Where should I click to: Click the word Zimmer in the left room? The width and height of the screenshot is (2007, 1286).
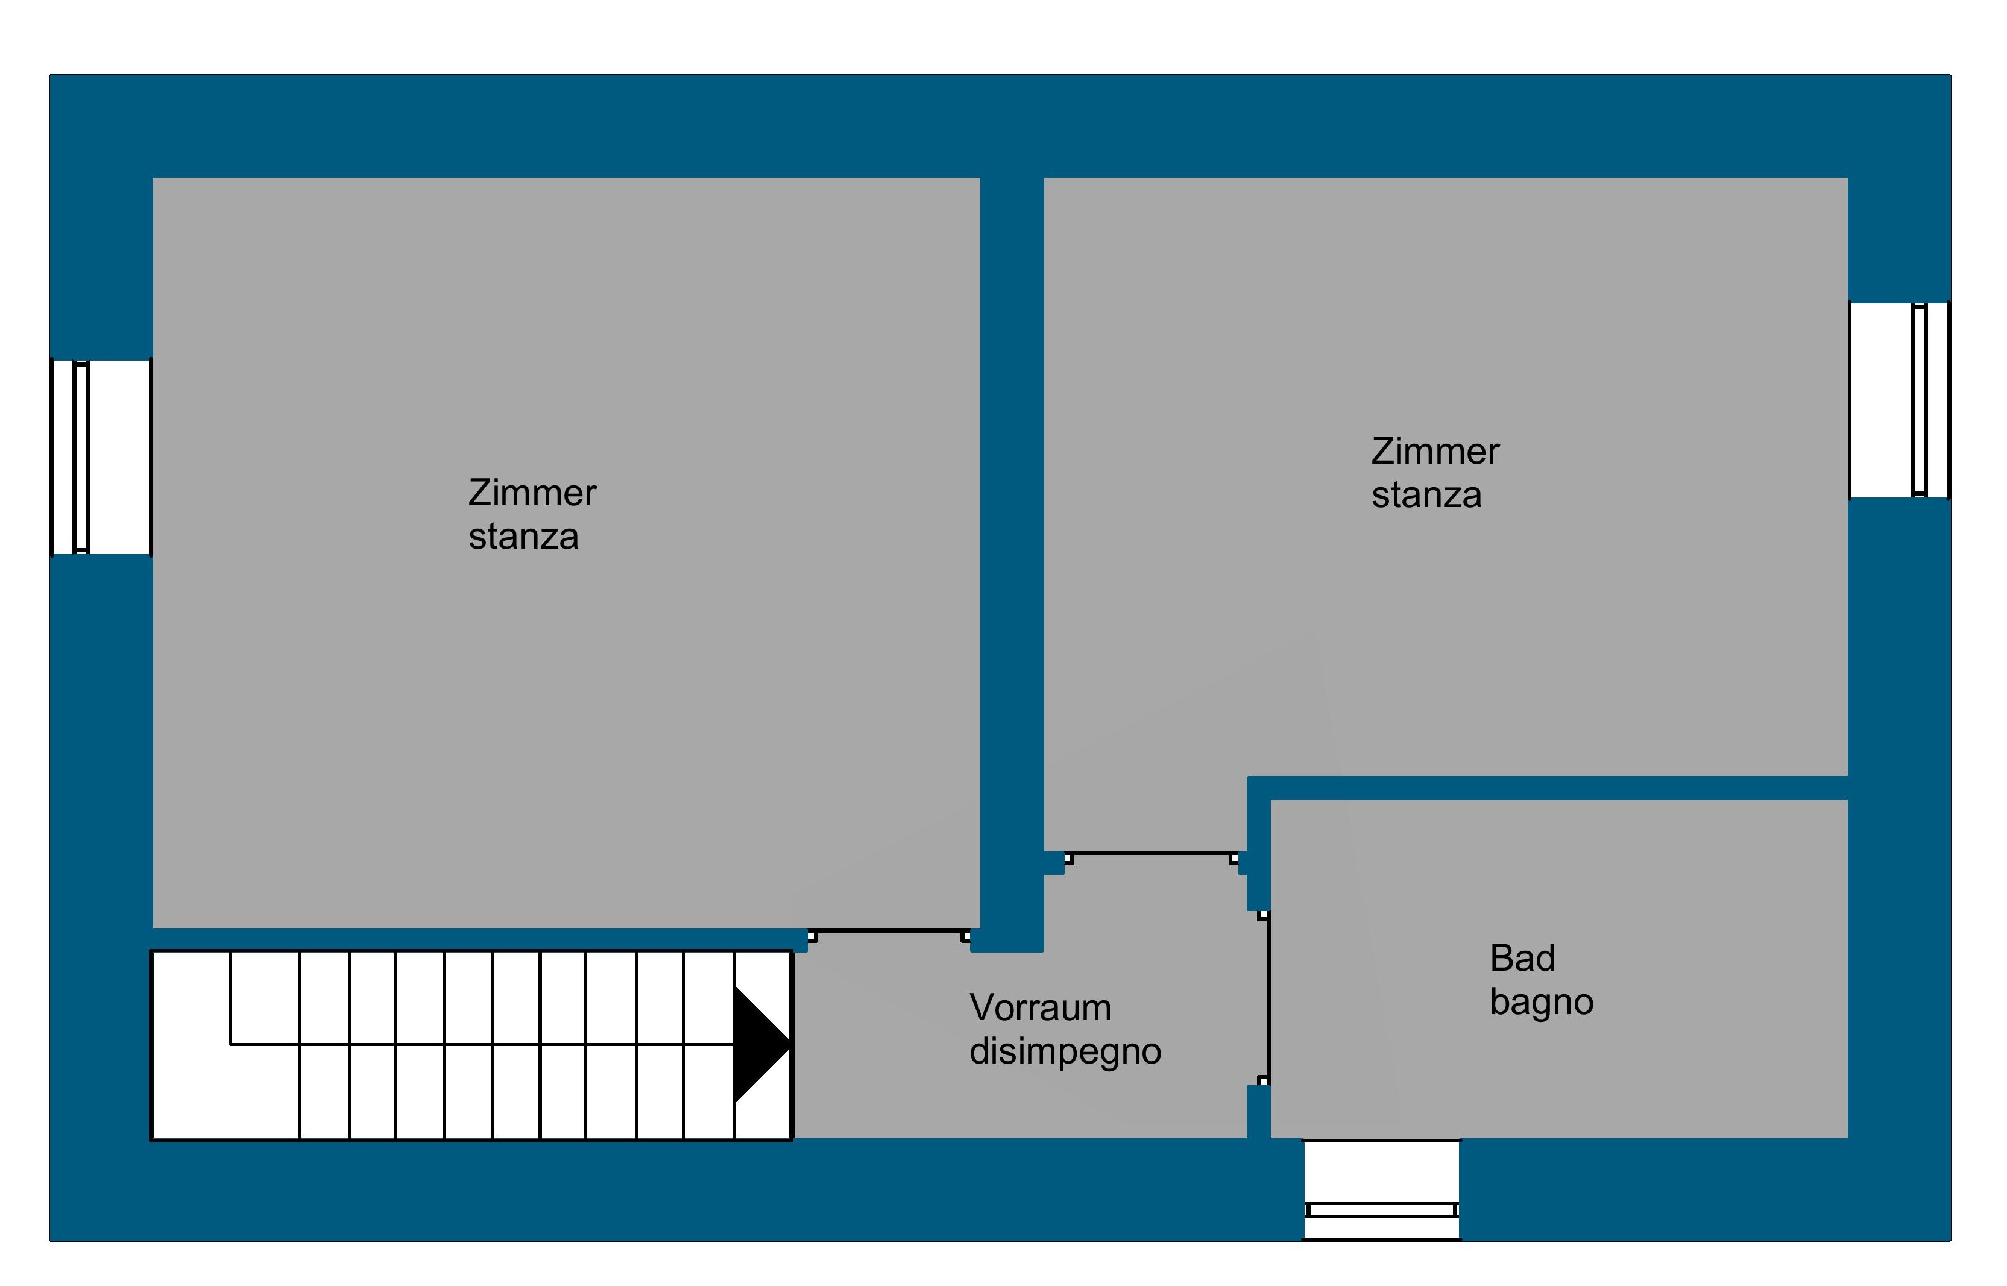[x=532, y=493]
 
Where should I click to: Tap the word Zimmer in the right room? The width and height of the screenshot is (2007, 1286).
[x=1435, y=452]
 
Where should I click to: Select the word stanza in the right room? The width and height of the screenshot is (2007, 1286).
[x=1427, y=495]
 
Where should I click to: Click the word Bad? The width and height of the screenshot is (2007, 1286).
[x=1523, y=959]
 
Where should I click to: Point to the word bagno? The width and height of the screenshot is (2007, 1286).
[x=1542, y=1003]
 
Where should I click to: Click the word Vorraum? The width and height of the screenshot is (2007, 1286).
[x=1040, y=1008]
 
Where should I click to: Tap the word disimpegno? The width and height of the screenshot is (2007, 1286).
[x=1065, y=1052]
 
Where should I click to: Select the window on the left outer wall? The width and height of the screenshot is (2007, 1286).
[x=101, y=457]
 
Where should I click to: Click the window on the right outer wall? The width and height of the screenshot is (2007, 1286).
[x=1899, y=400]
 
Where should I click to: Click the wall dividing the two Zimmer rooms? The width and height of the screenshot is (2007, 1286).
[x=1012, y=551]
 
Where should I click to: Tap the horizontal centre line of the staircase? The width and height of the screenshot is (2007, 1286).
[x=482, y=1044]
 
